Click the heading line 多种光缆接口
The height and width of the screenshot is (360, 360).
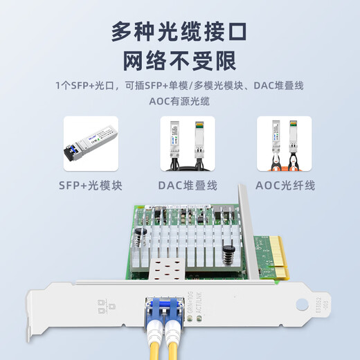coord(179,31)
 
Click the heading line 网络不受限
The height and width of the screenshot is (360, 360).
coord(179,62)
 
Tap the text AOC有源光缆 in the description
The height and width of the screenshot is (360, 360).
coord(179,101)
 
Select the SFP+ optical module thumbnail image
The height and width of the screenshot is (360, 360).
coord(91,143)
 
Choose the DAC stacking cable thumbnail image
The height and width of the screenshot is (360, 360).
coord(188,143)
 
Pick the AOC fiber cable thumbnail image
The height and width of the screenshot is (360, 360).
coord(285,143)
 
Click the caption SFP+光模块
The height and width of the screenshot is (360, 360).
coord(91,186)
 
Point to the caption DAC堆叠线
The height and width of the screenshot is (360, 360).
coord(188,186)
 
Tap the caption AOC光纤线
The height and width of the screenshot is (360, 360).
coord(285,186)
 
